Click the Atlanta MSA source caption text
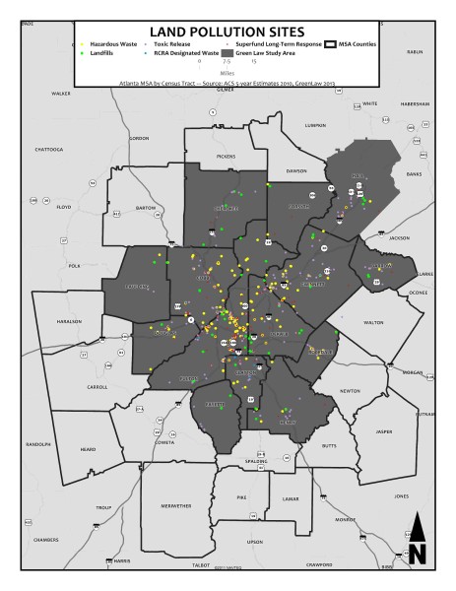(228, 84)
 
